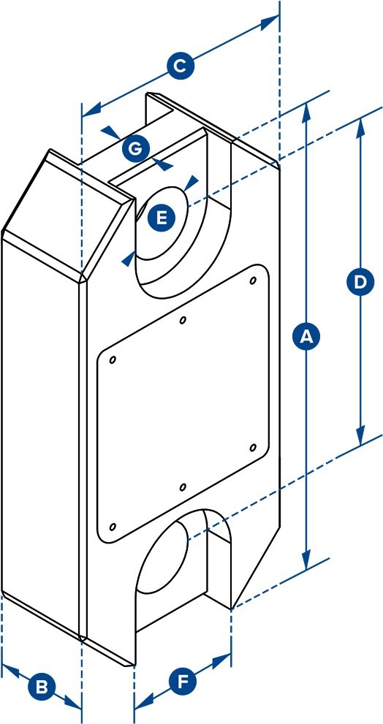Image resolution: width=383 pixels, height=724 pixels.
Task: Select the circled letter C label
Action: point(180,68)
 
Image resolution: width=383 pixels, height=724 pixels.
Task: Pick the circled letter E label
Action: point(162,217)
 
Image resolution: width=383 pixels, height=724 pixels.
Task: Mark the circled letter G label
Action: point(136,150)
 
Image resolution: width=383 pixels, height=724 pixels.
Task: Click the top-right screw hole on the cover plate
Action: point(253,281)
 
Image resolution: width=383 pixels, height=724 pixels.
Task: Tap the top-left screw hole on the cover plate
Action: point(113,359)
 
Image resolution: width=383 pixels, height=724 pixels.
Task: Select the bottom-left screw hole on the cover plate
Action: point(113,527)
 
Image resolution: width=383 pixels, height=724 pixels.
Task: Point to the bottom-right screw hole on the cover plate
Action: point(253,447)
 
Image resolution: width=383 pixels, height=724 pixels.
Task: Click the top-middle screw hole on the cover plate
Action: point(183,319)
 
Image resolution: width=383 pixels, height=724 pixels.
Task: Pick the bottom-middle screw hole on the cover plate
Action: point(183,487)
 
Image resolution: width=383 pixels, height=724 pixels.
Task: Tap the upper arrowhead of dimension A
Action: point(306,113)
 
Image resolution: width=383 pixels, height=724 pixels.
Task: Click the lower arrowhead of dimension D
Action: point(360,437)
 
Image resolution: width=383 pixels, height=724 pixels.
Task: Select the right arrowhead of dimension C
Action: point(270,23)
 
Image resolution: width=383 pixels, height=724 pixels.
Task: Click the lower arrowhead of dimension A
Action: point(306,560)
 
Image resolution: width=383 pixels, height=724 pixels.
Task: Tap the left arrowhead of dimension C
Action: point(91,110)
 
